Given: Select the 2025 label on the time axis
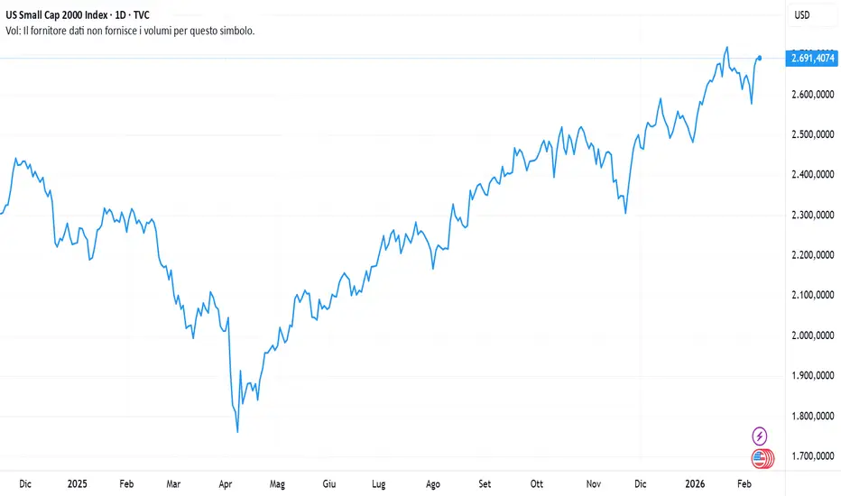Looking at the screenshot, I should click(77, 483).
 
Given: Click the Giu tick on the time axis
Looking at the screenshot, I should click(331, 483).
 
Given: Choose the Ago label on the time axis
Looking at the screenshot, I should click(434, 483).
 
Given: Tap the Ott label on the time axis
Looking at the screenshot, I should click(538, 483).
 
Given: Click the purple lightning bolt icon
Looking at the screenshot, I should click(759, 436).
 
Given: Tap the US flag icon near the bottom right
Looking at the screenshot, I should click(759, 459).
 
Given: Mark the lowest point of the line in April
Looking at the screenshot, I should click(237, 432).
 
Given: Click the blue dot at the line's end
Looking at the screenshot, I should click(760, 58).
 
